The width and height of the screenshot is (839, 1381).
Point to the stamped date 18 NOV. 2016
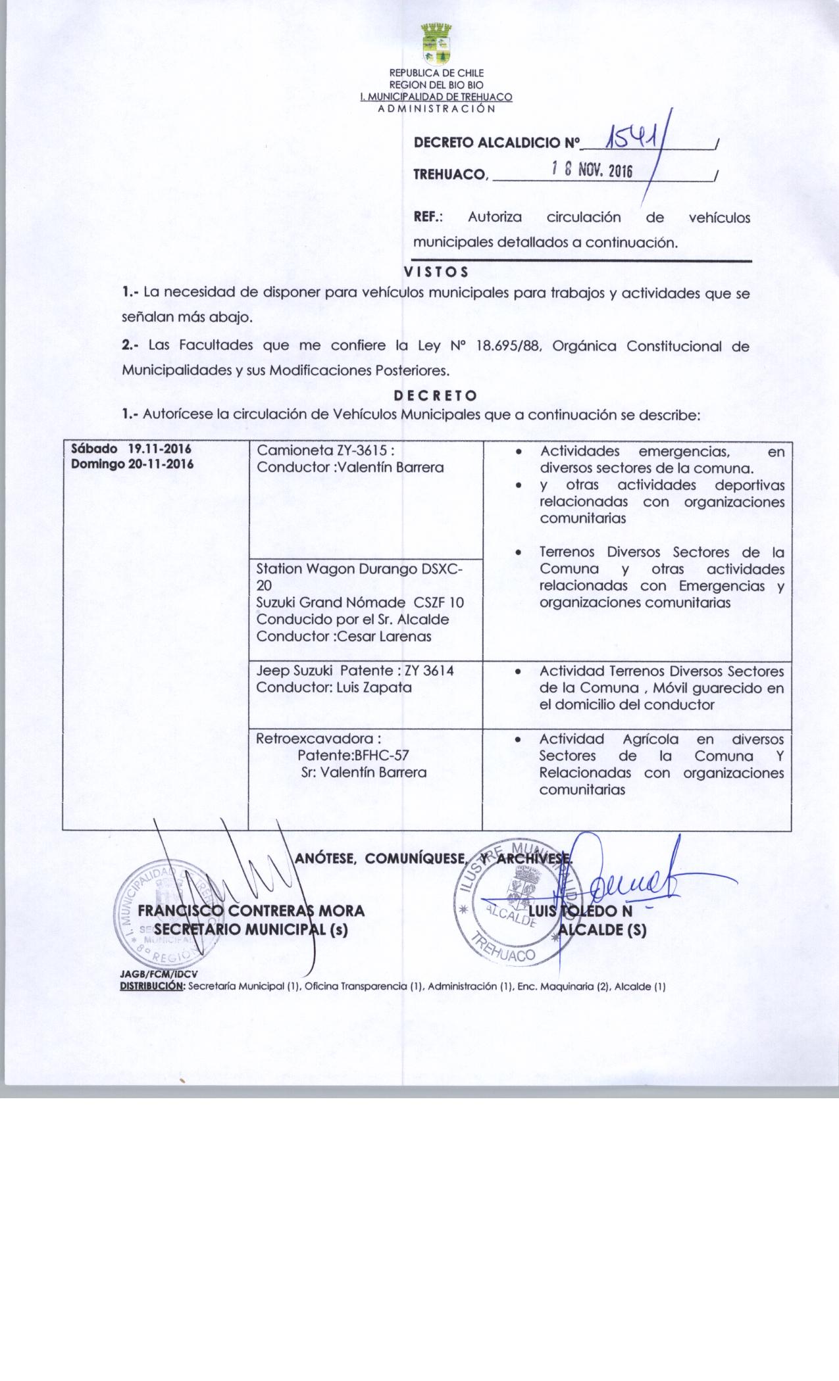coord(592,172)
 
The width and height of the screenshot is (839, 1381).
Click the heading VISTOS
coord(436,272)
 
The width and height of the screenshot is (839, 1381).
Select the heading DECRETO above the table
coord(436,395)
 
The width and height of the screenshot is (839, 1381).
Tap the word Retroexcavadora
coord(318,739)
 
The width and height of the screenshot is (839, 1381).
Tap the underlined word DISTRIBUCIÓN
coord(153,986)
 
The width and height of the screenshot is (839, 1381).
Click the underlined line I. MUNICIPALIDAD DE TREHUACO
coord(436,97)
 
